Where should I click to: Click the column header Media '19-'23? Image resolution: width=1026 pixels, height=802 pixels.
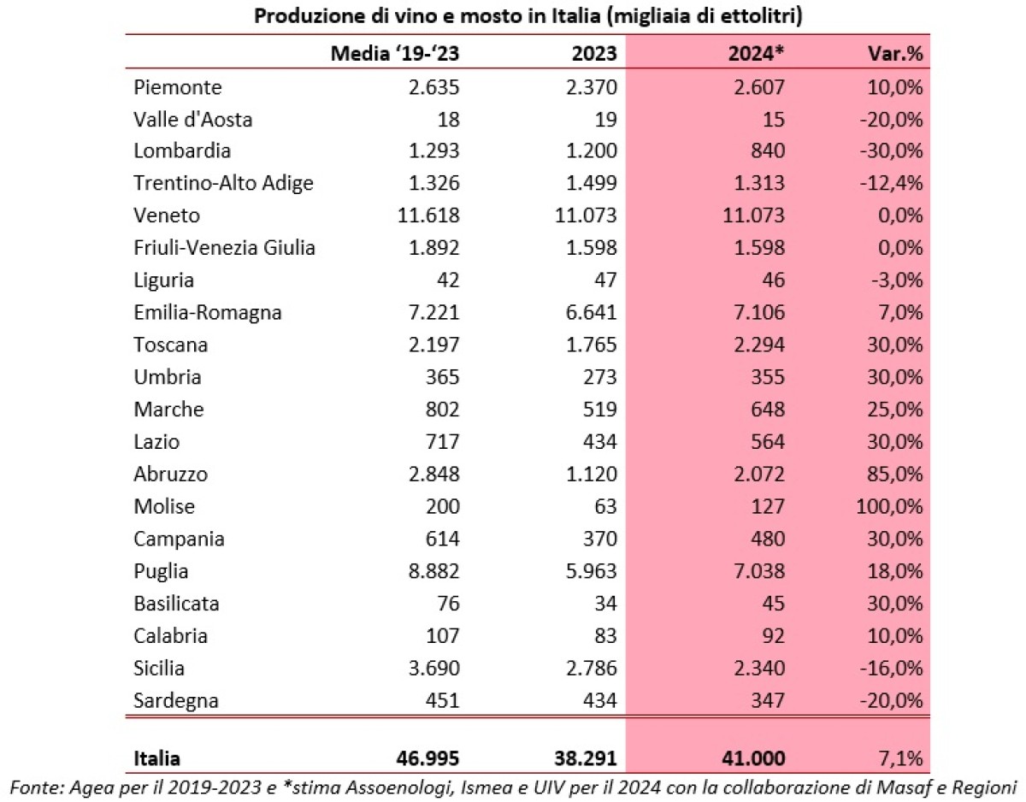pyautogui.click(x=395, y=53)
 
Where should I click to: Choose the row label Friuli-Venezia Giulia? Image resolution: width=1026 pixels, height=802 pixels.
pyautogui.click(x=224, y=248)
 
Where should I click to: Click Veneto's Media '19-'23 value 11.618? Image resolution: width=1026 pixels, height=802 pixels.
pyautogui.click(x=428, y=215)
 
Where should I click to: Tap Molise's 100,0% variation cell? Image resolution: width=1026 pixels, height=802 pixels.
pyautogui.click(x=888, y=506)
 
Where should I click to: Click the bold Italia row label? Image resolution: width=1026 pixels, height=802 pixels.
pyautogui.click(x=157, y=758)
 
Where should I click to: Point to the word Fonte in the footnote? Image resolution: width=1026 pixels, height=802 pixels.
pyautogui.click(x=33, y=785)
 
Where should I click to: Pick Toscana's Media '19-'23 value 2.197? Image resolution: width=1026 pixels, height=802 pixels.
pyautogui.click(x=434, y=345)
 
